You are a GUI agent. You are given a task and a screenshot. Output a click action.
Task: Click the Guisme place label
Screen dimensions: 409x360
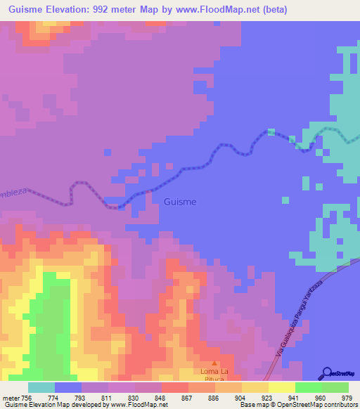tap(180, 202)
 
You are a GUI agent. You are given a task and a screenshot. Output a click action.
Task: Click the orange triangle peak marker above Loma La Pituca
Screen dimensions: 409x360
tap(214, 363)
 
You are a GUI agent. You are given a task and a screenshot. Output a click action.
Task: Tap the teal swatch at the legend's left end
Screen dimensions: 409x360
tap(41, 387)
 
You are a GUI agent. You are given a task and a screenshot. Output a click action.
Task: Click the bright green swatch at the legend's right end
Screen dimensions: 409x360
tap(335, 387)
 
